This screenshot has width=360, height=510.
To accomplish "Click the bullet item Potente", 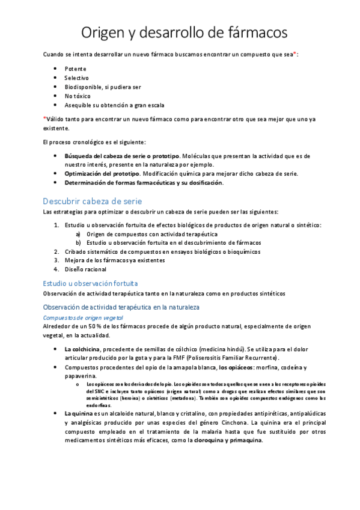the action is (x=75, y=69).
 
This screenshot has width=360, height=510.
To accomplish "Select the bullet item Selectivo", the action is (x=76, y=78).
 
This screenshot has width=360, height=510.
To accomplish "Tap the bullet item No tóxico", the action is (x=77, y=96).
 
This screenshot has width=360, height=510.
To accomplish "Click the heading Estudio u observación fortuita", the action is (x=91, y=282).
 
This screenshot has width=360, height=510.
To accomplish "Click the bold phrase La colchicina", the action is (x=83, y=349).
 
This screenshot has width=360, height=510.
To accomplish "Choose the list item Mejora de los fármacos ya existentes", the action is (x=106, y=260).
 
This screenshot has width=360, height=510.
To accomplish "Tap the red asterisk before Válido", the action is (x=44, y=118).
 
